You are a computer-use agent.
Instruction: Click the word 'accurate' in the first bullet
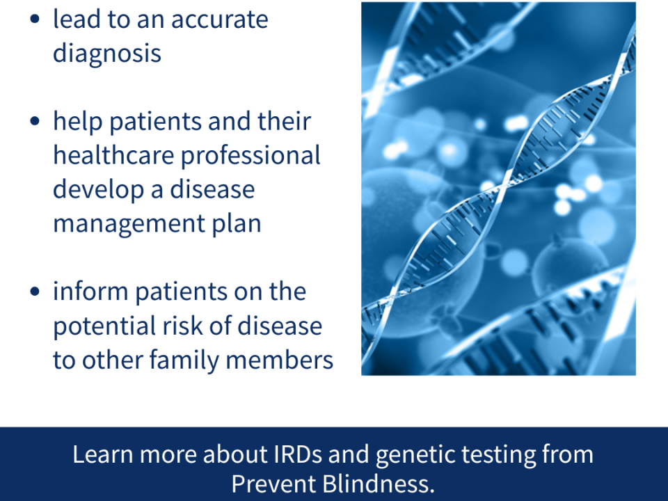tap(219, 20)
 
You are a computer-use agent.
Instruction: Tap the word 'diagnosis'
tap(107, 54)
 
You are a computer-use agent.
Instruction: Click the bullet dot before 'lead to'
tap(35, 19)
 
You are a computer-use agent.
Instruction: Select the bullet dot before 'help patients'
tap(35, 121)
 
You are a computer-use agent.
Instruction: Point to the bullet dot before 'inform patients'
tap(35, 292)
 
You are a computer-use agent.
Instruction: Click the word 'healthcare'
tap(113, 155)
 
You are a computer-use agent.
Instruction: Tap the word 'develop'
tap(98, 191)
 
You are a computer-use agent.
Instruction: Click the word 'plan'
tap(237, 225)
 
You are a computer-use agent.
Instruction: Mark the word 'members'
tap(280, 360)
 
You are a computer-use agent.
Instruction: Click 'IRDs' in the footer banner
tap(298, 454)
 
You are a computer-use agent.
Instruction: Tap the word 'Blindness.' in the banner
tap(378, 484)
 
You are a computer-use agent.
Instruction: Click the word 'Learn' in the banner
tap(103, 454)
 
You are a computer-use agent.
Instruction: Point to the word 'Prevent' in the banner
tap(274, 484)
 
